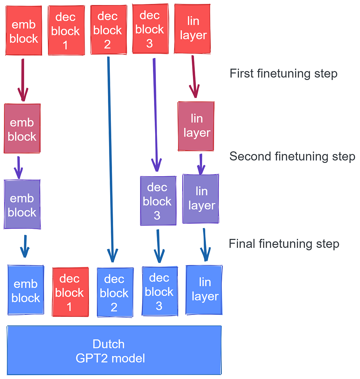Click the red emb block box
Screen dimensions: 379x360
coord(24,31)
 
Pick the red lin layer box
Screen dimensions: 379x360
coord(193,28)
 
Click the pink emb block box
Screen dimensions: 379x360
coord(22,128)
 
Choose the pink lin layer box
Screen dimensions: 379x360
coord(196,126)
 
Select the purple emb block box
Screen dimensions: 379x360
coord(22,204)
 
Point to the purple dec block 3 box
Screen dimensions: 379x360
coord(158,201)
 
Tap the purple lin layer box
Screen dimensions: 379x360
coord(201,199)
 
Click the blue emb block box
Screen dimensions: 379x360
coord(26,290)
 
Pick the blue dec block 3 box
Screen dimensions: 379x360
coord(159,291)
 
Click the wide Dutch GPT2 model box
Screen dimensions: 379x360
coord(114,350)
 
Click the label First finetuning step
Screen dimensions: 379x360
coord(283,73)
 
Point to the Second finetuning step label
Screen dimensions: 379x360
coord(292,156)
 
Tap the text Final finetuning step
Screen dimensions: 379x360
coord(284,244)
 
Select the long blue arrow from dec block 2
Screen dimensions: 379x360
coord(110,159)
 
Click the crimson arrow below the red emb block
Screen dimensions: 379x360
coord(23,79)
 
